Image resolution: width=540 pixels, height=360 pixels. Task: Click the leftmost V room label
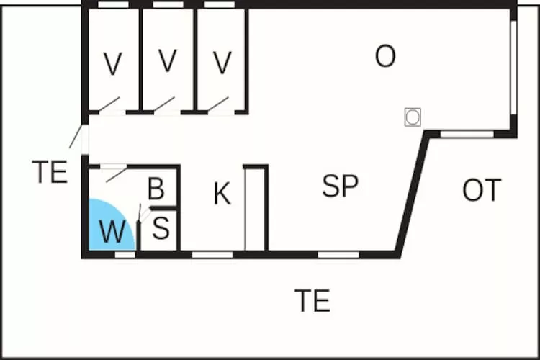point(112,65)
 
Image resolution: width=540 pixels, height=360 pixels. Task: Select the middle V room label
point(167,62)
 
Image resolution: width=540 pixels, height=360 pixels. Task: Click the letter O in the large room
point(385,57)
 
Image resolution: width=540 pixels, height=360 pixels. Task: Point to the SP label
point(341,186)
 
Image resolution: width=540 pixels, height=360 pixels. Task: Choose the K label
point(222,194)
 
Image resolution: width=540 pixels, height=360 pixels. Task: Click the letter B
point(156,189)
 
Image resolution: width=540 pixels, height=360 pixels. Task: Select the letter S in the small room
point(161,229)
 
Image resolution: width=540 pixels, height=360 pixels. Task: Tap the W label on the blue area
point(112,233)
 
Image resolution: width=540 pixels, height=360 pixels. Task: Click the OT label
point(482,191)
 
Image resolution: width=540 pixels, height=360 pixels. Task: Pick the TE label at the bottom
point(312,300)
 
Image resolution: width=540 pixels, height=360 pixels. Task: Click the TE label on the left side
point(50,173)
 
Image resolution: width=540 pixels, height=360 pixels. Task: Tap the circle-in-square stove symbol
point(413,117)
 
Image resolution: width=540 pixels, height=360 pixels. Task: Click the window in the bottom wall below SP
point(338,254)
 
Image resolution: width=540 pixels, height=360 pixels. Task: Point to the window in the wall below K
point(212,254)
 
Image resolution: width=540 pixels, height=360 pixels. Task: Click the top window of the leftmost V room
point(113,4)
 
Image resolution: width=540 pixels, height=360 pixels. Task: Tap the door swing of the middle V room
point(164,104)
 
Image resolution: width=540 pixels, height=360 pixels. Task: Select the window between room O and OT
point(467,134)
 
